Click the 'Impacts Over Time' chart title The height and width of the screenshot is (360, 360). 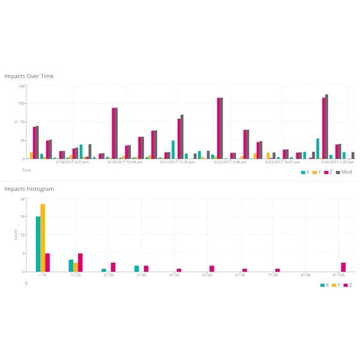click(x=29, y=76)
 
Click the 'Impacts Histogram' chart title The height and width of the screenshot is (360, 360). click(x=29, y=189)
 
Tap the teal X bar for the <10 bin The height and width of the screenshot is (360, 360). click(x=38, y=244)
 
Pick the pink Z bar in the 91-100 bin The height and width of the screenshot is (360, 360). click(x=343, y=267)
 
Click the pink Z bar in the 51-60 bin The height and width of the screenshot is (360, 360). click(x=212, y=268)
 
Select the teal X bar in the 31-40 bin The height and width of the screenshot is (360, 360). click(x=136, y=268)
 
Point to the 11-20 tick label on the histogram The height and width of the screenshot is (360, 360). click(x=75, y=275)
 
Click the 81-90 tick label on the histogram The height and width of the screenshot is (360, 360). click(x=306, y=275)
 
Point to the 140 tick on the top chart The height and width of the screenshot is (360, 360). click(x=21, y=86)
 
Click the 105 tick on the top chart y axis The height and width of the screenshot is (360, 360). click(x=21, y=104)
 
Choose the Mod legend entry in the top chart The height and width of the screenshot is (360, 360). click(x=343, y=172)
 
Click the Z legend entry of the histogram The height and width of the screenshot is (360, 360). click(x=347, y=285)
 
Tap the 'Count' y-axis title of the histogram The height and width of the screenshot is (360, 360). click(x=16, y=235)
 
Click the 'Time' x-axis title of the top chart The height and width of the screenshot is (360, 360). click(x=26, y=170)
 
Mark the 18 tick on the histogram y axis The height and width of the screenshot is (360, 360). click(x=22, y=217)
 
